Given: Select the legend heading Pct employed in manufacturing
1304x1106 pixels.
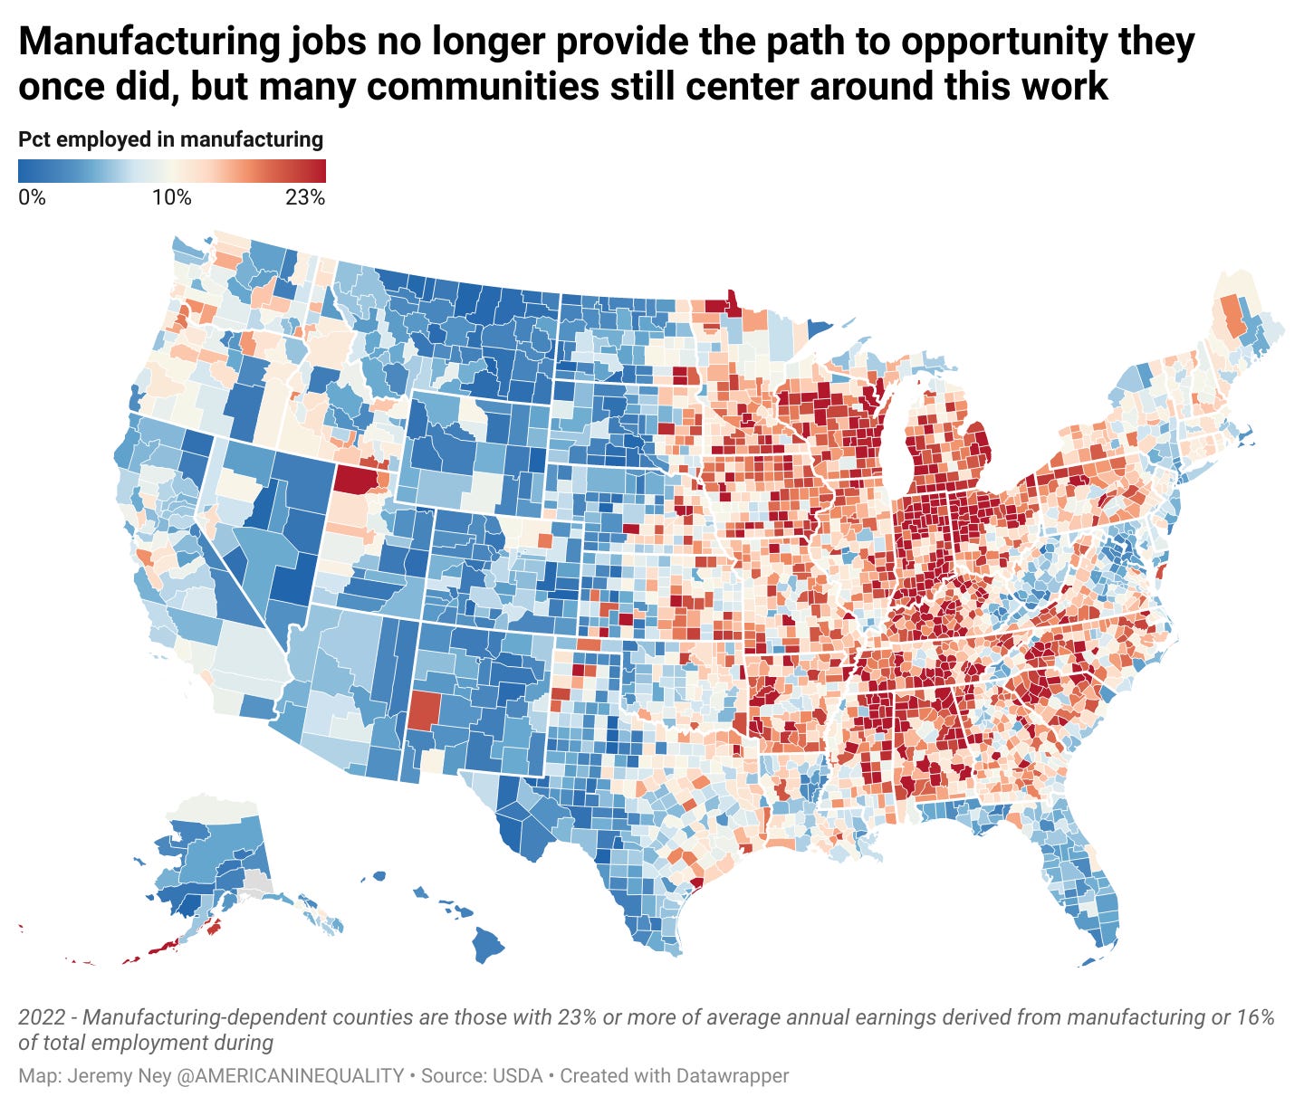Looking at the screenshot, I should (170, 139).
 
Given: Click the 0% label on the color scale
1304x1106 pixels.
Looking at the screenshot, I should (32, 196).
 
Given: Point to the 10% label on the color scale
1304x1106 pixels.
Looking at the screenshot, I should (171, 196).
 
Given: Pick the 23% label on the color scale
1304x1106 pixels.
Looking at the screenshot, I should (304, 196).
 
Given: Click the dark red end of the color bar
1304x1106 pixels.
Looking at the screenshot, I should (317, 171).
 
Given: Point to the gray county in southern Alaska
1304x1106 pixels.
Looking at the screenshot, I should (259, 882).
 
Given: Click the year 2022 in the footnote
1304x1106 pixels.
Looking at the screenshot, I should (41, 1017).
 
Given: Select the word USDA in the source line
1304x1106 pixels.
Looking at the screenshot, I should (517, 1076).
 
